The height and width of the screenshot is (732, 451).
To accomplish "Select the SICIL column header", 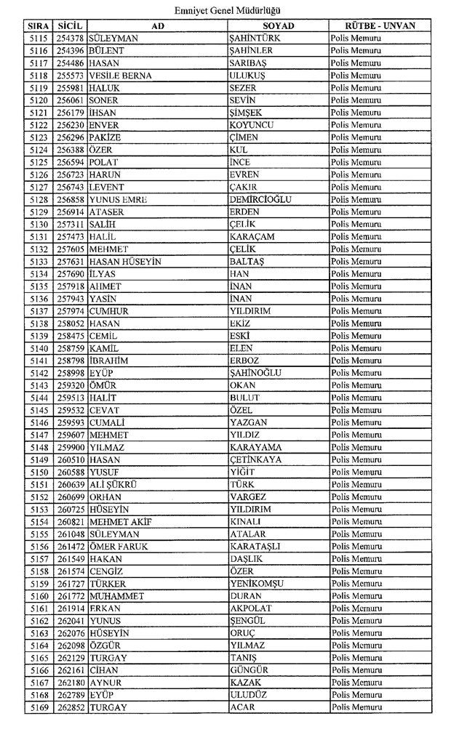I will (70, 25).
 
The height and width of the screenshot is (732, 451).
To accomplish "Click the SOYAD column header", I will (277, 25).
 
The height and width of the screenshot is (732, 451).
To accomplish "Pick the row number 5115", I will (40, 38).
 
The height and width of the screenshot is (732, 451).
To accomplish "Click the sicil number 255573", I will (71, 75).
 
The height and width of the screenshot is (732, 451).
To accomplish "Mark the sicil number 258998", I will (71, 373).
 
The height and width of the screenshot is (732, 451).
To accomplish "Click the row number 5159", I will (40, 584).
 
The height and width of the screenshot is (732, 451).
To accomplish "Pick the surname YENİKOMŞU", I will (256, 584).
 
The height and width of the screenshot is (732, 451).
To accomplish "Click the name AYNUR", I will (105, 683).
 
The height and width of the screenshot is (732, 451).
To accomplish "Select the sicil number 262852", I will (71, 707).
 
